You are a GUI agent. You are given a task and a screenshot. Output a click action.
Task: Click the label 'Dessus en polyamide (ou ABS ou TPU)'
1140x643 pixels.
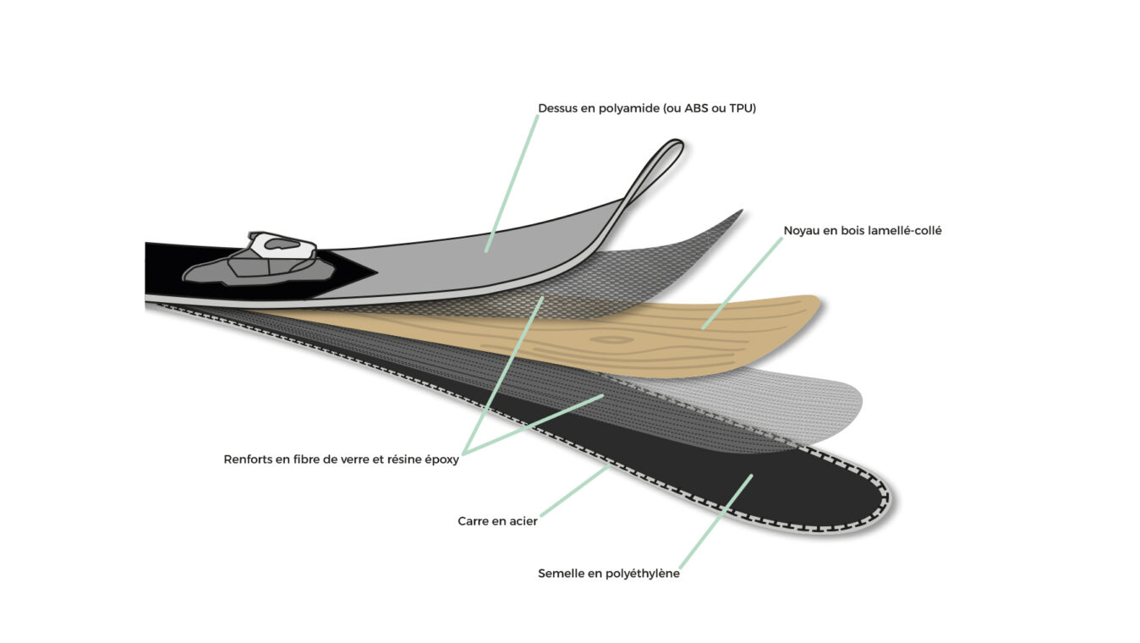647,108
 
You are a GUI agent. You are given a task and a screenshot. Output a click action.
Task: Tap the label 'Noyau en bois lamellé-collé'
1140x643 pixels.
862,231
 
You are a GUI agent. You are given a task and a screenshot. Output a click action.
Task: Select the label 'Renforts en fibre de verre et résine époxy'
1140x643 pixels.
341,459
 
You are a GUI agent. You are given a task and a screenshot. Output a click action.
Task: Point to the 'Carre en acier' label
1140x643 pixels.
497,521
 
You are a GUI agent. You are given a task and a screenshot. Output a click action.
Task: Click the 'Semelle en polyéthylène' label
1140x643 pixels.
609,574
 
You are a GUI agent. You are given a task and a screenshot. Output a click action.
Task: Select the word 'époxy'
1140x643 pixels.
441,460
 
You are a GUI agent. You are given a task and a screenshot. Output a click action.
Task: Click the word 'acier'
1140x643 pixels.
522,521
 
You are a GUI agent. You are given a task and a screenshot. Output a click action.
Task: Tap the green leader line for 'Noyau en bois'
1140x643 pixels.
743,283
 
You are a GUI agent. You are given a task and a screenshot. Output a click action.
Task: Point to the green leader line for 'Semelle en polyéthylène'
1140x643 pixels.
716,521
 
